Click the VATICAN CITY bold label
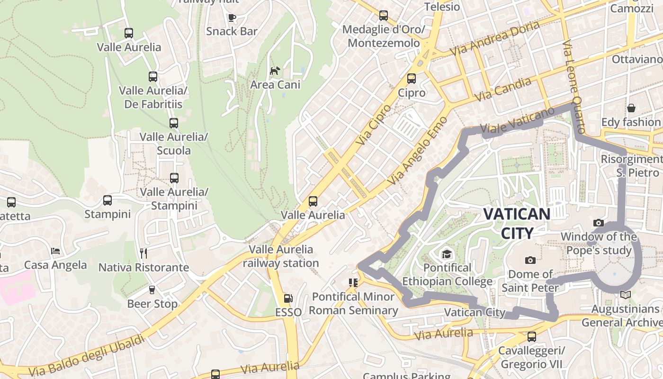pos(517,223)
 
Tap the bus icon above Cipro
pos(412,79)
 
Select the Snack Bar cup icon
pos(232,18)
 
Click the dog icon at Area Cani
pos(275,71)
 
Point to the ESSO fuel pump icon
pos(288,298)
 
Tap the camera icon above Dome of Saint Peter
pos(530,260)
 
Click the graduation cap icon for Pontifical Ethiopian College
pos(447,254)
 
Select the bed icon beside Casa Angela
pos(55,251)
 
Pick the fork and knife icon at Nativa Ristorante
pos(143,253)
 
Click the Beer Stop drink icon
pos(152,289)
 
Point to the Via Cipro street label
pos(374,125)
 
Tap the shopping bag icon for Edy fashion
pos(631,108)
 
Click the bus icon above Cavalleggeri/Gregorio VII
pos(532,337)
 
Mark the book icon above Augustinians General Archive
pos(626,295)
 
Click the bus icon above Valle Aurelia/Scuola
pos(174,123)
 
